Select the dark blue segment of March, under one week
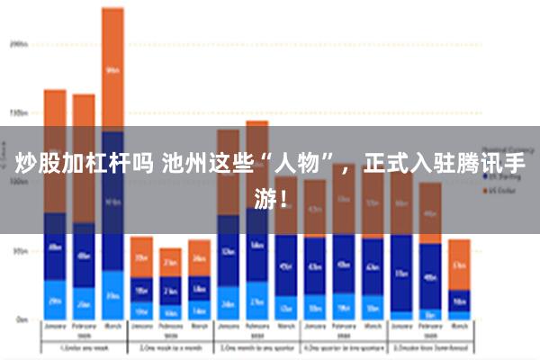(x=112, y=202)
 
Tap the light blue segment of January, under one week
(x=55, y=300)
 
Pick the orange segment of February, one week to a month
(x=170, y=262)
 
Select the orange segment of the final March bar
(x=459, y=265)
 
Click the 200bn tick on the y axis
(x=19, y=42)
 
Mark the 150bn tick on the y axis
(x=19, y=112)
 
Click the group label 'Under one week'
(x=84, y=346)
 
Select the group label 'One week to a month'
(x=170, y=346)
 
